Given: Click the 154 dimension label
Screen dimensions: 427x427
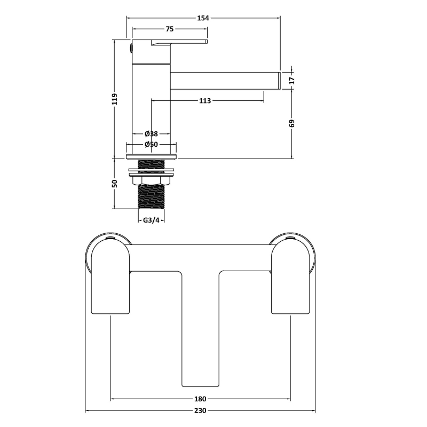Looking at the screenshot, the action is point(203,18).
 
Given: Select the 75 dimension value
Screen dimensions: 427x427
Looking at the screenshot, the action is point(170,29).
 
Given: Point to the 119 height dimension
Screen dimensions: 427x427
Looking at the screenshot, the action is point(115,99).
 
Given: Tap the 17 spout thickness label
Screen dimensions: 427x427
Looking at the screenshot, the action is point(292,81).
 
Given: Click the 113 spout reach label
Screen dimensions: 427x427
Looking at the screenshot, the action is point(205,101).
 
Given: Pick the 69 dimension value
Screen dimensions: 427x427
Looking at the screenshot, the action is point(292,123).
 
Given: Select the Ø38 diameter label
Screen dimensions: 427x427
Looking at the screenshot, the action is point(151,134).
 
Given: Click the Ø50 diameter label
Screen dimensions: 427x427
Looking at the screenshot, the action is point(151,144).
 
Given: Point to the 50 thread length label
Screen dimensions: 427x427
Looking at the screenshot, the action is point(115,183).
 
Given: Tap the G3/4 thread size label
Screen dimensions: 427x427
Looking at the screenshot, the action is point(151,220).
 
